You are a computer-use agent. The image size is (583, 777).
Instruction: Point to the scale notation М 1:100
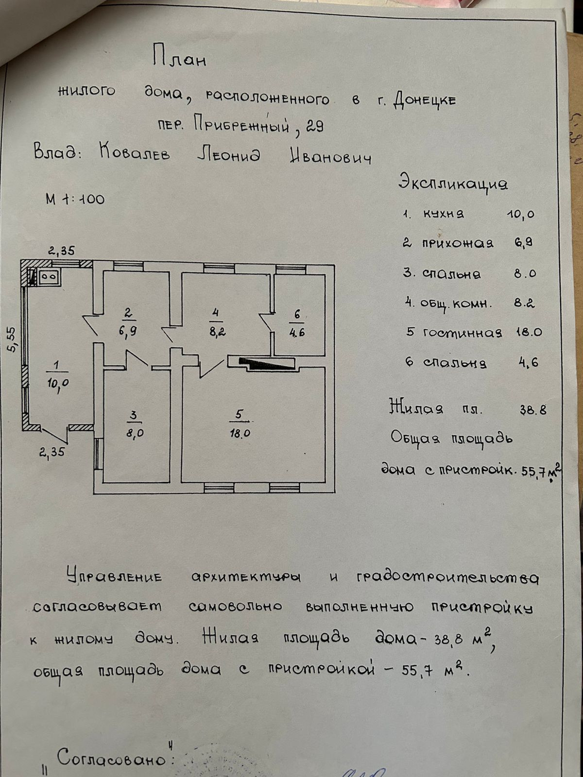(75, 199)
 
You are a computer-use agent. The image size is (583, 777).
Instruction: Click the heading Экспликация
(453, 183)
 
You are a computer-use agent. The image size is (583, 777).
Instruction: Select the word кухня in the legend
(443, 214)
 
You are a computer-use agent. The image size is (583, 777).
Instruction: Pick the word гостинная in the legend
(462, 333)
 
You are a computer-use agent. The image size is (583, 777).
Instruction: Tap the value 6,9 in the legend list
(523, 243)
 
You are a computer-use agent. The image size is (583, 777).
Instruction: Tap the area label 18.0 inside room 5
(240, 434)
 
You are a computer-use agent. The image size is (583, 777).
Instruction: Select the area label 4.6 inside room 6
(297, 333)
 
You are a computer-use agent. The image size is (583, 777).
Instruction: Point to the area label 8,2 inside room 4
(217, 333)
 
